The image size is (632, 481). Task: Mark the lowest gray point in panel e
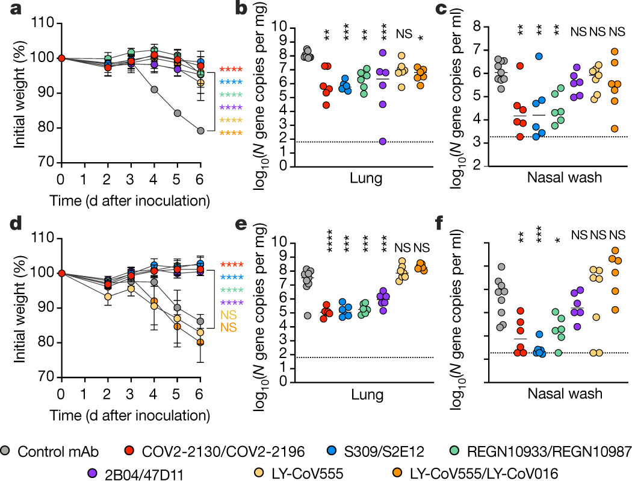pos(308,315)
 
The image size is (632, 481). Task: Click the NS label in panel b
pos(403,34)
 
